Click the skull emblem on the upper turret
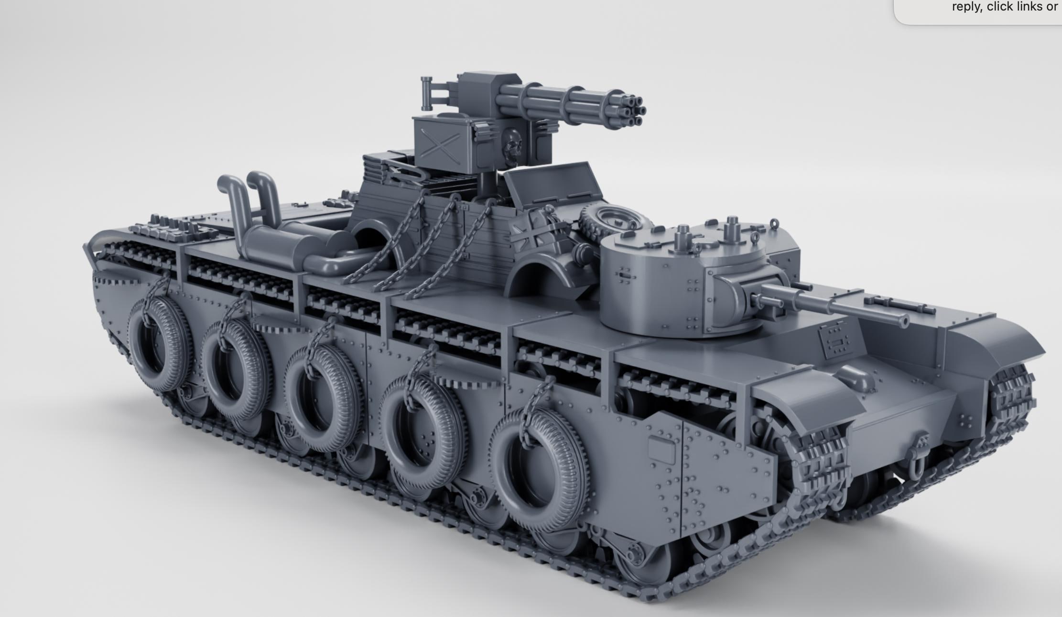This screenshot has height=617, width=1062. tap(512, 144)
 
